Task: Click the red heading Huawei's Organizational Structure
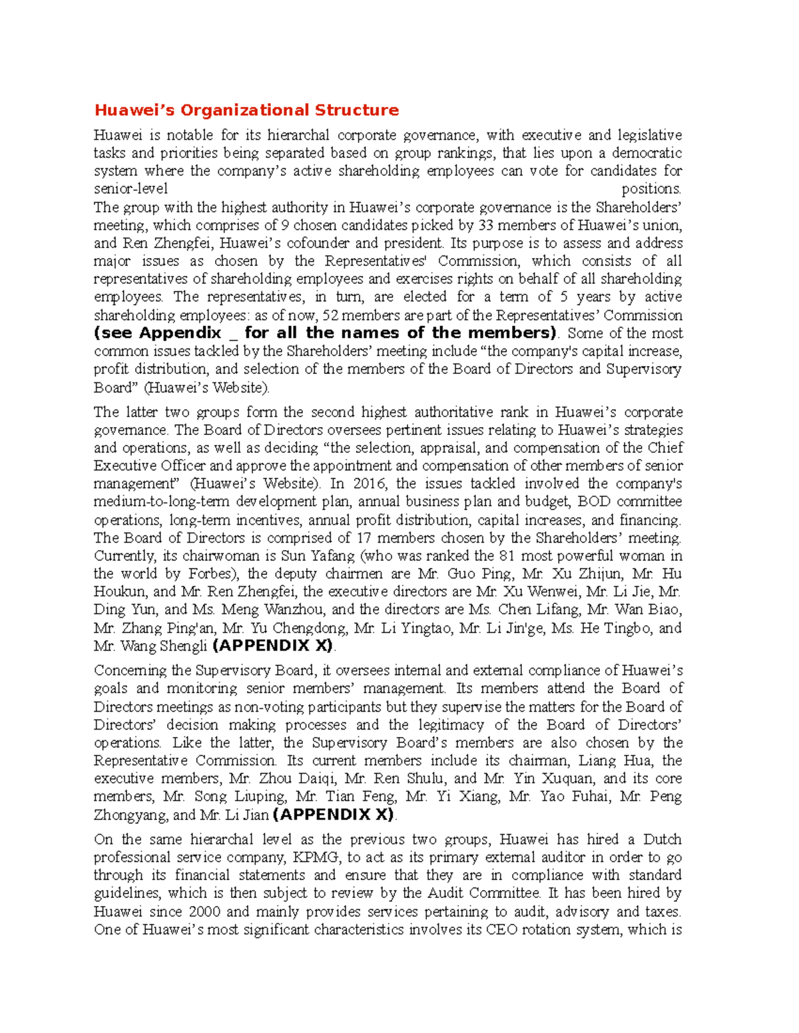[x=246, y=110]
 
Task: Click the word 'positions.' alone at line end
[x=651, y=189]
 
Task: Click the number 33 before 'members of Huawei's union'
[x=486, y=225]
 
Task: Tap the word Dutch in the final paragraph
[x=662, y=839]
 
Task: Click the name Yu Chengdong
[x=299, y=628]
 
